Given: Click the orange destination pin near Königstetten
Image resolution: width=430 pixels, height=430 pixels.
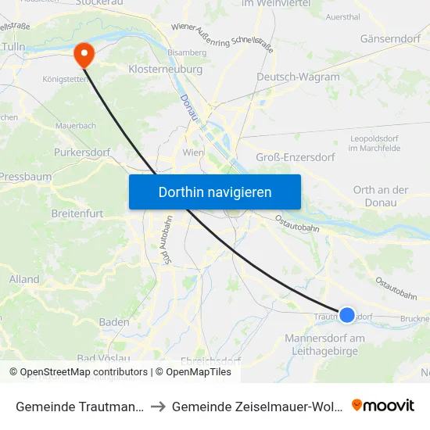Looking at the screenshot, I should click(x=82, y=54).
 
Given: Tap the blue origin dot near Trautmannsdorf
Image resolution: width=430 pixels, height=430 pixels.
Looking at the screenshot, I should click(x=347, y=315).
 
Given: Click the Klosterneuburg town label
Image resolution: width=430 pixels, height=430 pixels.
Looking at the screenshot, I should click(x=165, y=70).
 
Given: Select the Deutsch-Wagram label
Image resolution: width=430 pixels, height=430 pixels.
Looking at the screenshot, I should click(x=298, y=77).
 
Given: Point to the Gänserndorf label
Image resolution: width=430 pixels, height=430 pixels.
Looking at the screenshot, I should click(x=390, y=38).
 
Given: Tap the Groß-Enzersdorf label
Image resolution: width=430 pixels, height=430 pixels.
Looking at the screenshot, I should click(x=296, y=157).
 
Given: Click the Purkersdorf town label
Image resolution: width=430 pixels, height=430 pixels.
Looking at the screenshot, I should click(x=81, y=152).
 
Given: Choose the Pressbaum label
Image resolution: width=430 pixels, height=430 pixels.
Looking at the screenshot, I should click(x=25, y=177).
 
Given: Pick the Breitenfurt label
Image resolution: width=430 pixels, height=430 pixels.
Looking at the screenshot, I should click(x=77, y=213).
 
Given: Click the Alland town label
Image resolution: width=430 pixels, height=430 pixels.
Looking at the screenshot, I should click(x=24, y=279).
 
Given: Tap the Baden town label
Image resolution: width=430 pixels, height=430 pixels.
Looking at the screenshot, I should click(x=114, y=322).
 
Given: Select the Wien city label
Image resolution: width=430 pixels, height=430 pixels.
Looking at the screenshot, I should click(x=193, y=152).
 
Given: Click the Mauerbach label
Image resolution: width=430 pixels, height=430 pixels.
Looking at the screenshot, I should click(x=75, y=125).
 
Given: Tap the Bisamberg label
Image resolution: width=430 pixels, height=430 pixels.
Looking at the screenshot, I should click(x=186, y=52).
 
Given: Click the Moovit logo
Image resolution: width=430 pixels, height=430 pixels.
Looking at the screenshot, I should click(x=382, y=405).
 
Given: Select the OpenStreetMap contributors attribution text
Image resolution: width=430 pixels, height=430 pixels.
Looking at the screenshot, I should click(x=84, y=372).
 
